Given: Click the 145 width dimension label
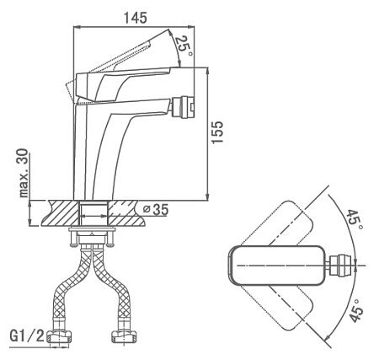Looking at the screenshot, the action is point(136,18).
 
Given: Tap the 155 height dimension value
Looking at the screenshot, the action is point(217,132).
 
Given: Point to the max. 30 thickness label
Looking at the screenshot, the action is point(24,173).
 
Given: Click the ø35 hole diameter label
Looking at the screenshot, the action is point(155,209).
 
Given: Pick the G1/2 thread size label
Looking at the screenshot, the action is point(27,336).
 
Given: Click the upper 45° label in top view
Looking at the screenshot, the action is point(355,220).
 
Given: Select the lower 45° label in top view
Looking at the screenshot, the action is point(356,311).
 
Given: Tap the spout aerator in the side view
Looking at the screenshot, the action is point(183,108).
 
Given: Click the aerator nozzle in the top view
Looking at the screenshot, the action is point(341,266).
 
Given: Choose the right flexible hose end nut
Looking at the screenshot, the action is point(124,336).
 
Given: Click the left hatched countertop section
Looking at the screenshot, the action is point(60,213).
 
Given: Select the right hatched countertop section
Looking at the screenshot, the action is point(127,213).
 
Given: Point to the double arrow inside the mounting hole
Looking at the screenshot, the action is point(93,216).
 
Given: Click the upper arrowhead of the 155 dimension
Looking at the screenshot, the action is point(207,70).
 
